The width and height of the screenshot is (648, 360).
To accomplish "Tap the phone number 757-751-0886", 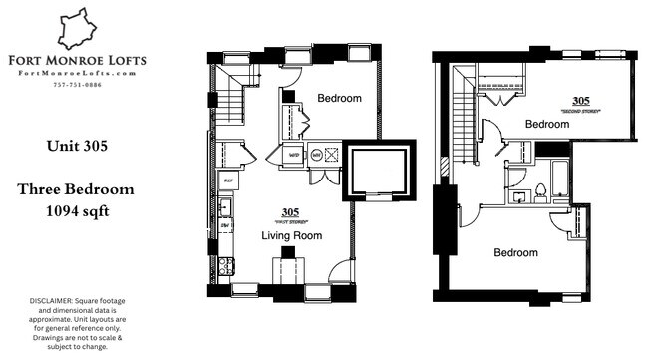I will pos(77,84).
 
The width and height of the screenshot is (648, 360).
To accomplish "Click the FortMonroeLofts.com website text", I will pos(77,71).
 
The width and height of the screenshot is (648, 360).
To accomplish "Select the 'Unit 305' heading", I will pos(77,146).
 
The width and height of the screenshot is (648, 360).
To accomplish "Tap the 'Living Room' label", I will pos(290,235).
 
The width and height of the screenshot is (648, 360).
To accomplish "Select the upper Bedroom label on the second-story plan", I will pos(546,124).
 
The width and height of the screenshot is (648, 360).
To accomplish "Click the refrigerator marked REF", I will pos(227,181).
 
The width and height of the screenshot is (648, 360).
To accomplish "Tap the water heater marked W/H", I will pos(296,155).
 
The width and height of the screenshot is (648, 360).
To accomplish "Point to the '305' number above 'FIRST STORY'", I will pos(290,211).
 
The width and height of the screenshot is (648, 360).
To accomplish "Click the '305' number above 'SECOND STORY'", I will pos(581,100).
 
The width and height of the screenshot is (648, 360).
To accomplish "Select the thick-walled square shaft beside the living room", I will pos(375,171).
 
